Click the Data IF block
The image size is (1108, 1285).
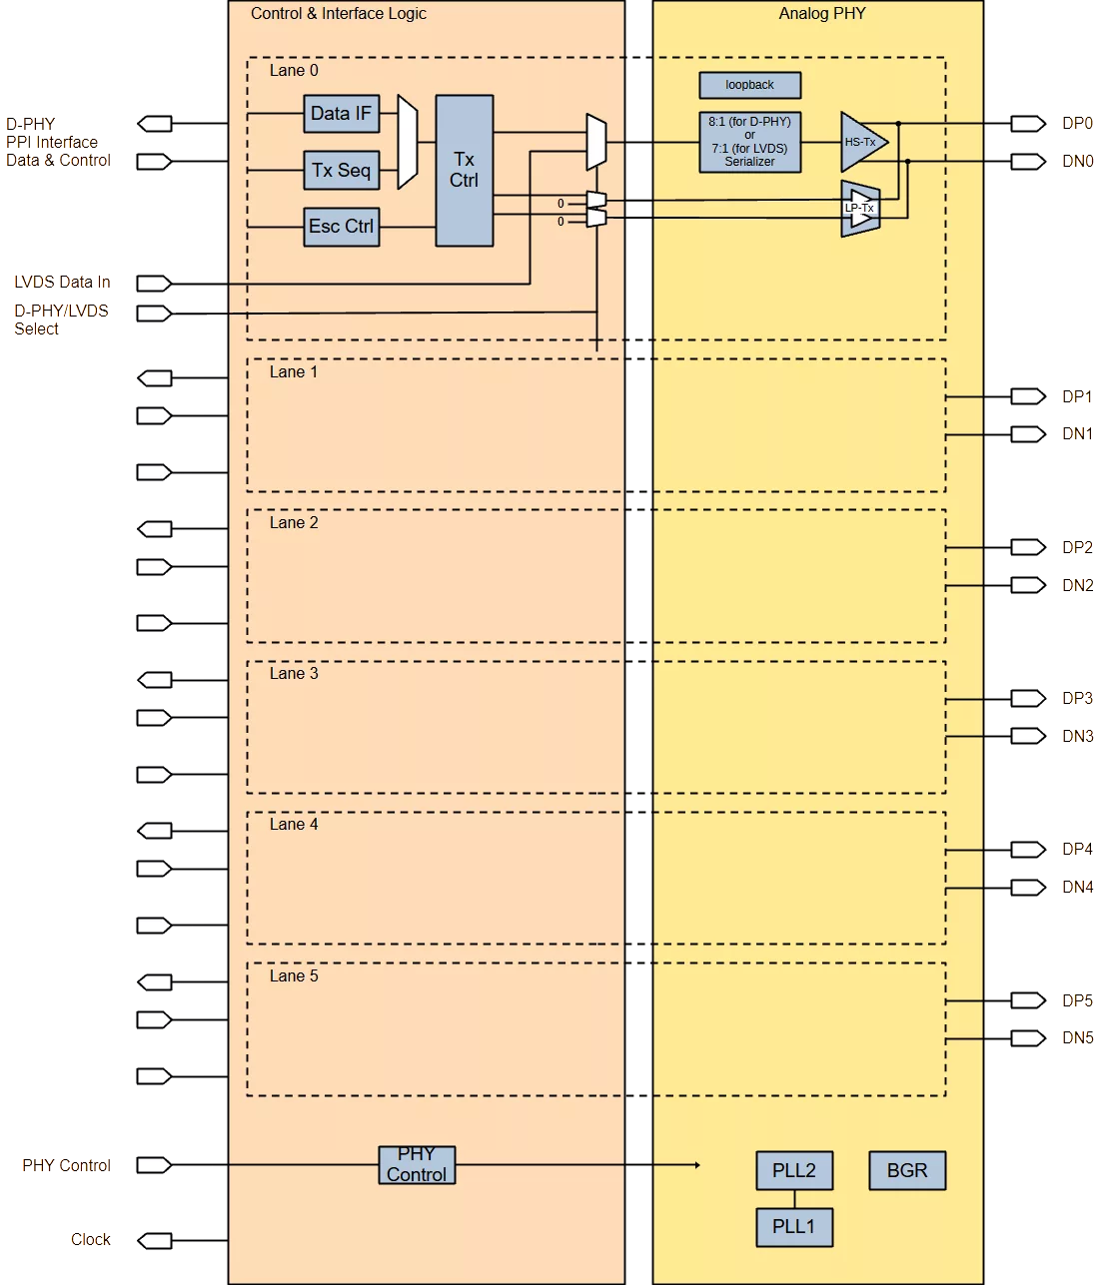tap(341, 114)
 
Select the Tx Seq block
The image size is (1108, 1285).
tap(341, 170)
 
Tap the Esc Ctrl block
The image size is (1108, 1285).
tap(341, 227)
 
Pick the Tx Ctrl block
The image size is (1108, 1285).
tap(465, 171)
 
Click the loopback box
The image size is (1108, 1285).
tap(749, 85)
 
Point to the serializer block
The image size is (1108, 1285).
tap(749, 142)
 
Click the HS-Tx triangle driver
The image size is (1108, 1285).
tap(863, 142)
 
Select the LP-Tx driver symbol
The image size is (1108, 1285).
tap(860, 209)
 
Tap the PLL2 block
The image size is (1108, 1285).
tap(794, 1170)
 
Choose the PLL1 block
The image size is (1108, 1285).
tap(794, 1227)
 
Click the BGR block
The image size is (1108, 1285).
tap(907, 1170)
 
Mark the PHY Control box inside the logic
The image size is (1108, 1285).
tap(417, 1165)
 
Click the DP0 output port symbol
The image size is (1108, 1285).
tap(1028, 124)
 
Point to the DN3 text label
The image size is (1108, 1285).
tap(1077, 736)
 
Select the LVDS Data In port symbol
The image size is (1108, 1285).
tap(154, 284)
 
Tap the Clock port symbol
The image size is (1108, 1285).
tap(154, 1241)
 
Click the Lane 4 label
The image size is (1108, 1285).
tap(294, 825)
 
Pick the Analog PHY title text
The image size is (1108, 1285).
tap(822, 14)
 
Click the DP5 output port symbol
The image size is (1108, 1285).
tap(1028, 1000)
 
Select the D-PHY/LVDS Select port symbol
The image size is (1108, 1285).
tap(154, 313)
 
